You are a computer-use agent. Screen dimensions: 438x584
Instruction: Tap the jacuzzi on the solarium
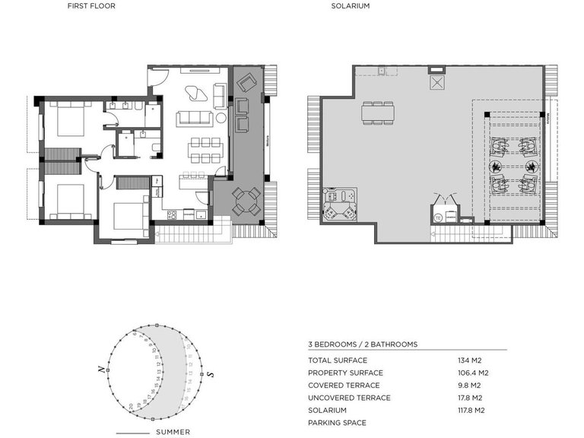338,203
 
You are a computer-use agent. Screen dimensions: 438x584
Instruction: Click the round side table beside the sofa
221,118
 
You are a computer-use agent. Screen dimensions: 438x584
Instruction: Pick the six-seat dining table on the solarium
378,113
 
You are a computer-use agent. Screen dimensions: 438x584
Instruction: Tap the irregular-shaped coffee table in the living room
196,94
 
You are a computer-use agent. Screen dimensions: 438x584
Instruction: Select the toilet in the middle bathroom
154,147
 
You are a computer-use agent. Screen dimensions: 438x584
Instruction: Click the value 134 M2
470,360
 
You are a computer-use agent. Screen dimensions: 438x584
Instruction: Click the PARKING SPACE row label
337,423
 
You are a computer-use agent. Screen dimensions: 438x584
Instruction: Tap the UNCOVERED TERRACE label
349,398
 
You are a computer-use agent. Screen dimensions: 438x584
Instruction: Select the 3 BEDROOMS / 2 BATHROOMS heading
363,344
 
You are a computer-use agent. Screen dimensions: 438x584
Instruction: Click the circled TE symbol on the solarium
438,217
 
